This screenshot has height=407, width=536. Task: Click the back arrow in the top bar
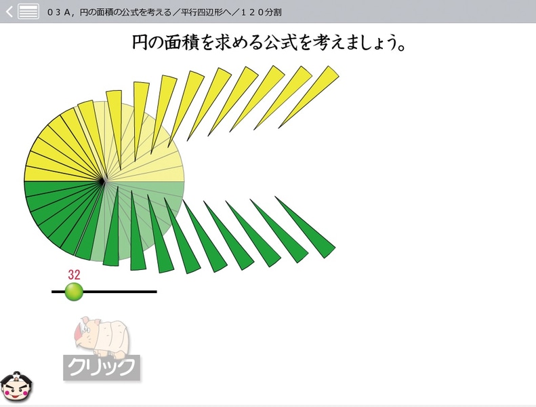click(9, 12)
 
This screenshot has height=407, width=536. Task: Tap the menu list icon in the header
click(28, 12)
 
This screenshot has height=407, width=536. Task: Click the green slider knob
click(73, 292)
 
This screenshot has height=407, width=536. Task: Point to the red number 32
click(74, 275)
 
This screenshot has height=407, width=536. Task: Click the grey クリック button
click(102, 368)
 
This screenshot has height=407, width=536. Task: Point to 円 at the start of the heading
click(140, 43)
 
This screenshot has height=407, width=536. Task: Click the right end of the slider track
click(155, 292)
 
